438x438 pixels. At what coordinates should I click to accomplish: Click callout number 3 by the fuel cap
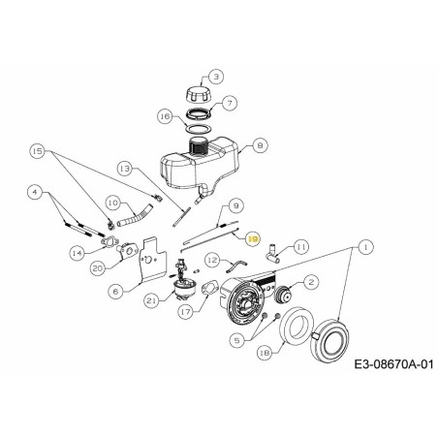pos(215,77)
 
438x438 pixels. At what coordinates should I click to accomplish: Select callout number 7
pos(230,103)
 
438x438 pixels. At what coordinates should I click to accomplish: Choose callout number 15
pos(38,152)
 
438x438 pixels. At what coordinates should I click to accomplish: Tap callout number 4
pos(36,193)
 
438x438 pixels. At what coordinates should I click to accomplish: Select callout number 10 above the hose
pos(112,203)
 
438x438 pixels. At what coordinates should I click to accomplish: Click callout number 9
pos(235,205)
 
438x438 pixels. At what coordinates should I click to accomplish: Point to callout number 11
pos(301,248)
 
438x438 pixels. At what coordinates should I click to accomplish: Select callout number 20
pos(97,267)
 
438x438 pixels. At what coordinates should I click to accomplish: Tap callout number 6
pos(115,290)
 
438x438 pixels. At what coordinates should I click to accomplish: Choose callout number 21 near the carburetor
pos(150,301)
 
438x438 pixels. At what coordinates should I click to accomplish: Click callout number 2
pos(311,282)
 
